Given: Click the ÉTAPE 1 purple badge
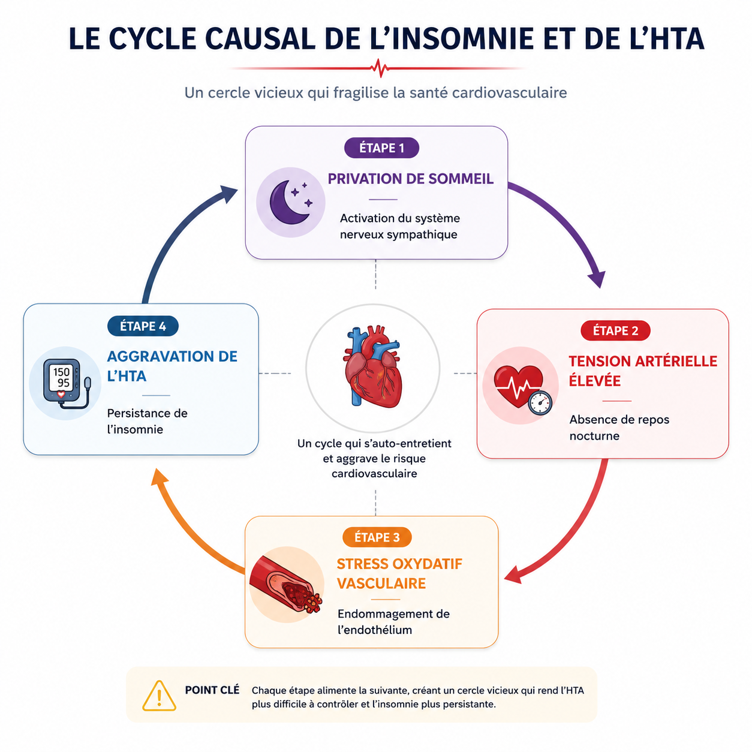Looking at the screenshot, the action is (381, 148).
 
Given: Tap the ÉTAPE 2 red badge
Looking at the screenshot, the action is (615, 330).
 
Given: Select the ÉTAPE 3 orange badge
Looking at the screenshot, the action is (376, 537).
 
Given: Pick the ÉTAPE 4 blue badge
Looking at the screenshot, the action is (143, 326).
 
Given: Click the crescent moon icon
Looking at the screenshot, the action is (288, 201).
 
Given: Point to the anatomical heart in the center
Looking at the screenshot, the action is (372, 366).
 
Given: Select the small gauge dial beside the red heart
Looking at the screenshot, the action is (540, 402).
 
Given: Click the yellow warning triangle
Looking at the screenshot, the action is (159, 696).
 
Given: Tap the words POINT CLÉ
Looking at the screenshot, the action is (212, 690).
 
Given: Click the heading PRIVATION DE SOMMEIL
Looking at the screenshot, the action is (410, 179).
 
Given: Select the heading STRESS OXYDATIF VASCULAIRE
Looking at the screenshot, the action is (399, 573).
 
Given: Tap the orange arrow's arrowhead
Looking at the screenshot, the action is (160, 477).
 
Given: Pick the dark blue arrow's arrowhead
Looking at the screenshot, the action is (228, 194).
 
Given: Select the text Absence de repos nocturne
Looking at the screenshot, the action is (619, 428).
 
